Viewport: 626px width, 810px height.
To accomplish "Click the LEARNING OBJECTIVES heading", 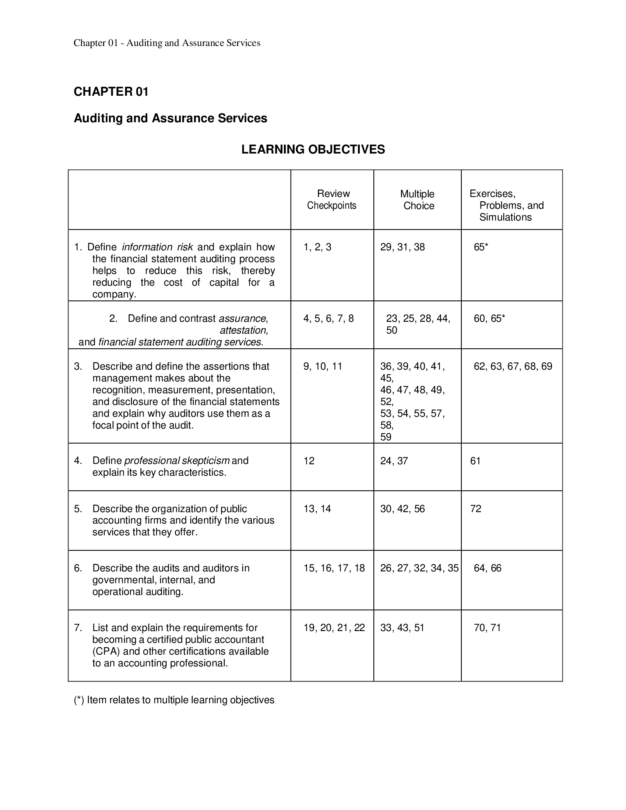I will point(313,149).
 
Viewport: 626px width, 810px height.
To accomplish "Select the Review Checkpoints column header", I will point(332,200).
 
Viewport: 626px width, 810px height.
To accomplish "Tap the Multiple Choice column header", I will point(418,200).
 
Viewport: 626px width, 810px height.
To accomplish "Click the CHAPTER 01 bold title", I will point(111,92).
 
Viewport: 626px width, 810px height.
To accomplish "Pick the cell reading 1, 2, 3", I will point(317,247).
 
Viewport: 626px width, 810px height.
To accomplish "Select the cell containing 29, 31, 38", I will point(402,247).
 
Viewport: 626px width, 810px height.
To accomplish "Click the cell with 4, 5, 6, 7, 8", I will point(328,318).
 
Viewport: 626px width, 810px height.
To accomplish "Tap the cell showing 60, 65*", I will point(489,318).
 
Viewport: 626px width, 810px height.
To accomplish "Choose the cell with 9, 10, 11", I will point(323,366).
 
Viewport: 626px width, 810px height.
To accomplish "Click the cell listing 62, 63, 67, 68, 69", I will point(513,366).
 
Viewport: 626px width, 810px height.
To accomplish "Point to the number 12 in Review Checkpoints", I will point(309,461).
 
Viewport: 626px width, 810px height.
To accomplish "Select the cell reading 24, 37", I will point(394,461).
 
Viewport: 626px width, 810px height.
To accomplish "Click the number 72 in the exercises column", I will point(475,509).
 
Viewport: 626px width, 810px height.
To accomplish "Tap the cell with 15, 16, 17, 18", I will point(334,568).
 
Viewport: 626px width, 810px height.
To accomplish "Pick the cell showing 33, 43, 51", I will point(402,628).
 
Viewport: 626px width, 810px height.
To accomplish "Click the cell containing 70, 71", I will point(487,628).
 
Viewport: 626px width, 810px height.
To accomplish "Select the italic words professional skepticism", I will point(176,461).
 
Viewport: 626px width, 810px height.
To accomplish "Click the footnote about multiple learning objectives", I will point(174,700).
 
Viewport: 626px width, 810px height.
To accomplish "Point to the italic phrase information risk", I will point(157,247).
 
